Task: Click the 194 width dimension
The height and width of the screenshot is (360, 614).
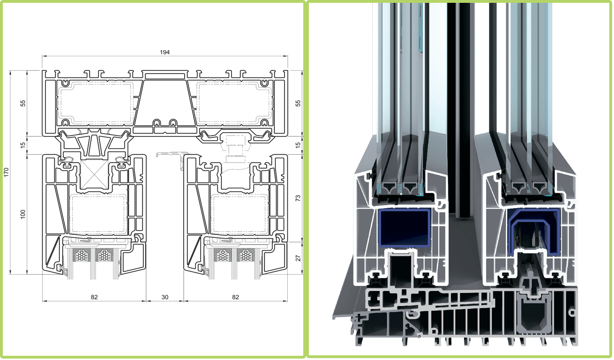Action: [165, 52]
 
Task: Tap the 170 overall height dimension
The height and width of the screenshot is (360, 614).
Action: [6, 172]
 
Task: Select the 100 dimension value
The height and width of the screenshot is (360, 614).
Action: [23, 214]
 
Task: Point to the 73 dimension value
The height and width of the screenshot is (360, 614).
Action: [298, 198]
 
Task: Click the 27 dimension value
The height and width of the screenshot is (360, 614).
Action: [298, 258]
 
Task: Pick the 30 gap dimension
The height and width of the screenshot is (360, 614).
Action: [165, 297]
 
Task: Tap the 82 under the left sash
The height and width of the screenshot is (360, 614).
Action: [94, 297]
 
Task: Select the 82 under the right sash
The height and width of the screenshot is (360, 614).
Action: [235, 297]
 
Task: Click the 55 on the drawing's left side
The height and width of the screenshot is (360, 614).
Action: [23, 104]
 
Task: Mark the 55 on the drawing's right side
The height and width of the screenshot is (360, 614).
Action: [298, 104]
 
